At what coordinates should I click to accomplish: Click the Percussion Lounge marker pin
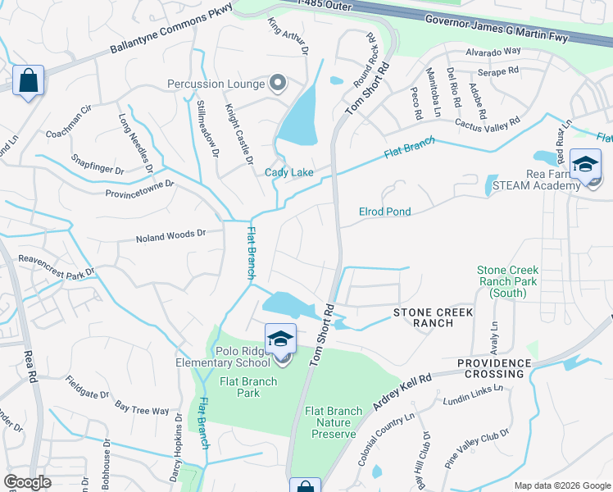tap(278, 83)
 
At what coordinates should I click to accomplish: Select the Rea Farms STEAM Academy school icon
tap(585, 164)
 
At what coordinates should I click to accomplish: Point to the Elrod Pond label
tap(384, 212)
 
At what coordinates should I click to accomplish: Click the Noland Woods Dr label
tap(171, 235)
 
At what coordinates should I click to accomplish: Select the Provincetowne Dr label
tap(139, 188)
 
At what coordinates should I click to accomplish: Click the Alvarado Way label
tap(493, 51)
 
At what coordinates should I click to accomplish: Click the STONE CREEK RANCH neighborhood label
tap(423, 317)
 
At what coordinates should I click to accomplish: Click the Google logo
tap(28, 482)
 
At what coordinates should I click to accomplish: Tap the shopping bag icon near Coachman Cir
tap(28, 80)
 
